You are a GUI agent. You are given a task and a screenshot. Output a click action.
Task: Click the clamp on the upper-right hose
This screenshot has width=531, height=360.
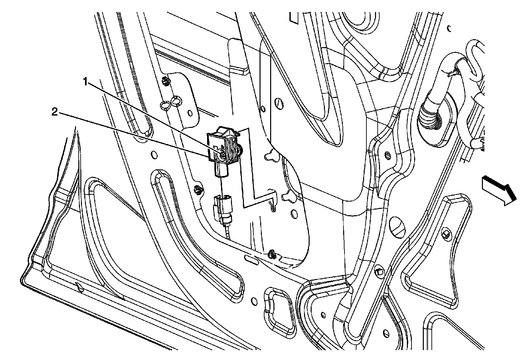454,70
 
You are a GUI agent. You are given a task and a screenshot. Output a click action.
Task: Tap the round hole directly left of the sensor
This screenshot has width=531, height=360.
154,154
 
